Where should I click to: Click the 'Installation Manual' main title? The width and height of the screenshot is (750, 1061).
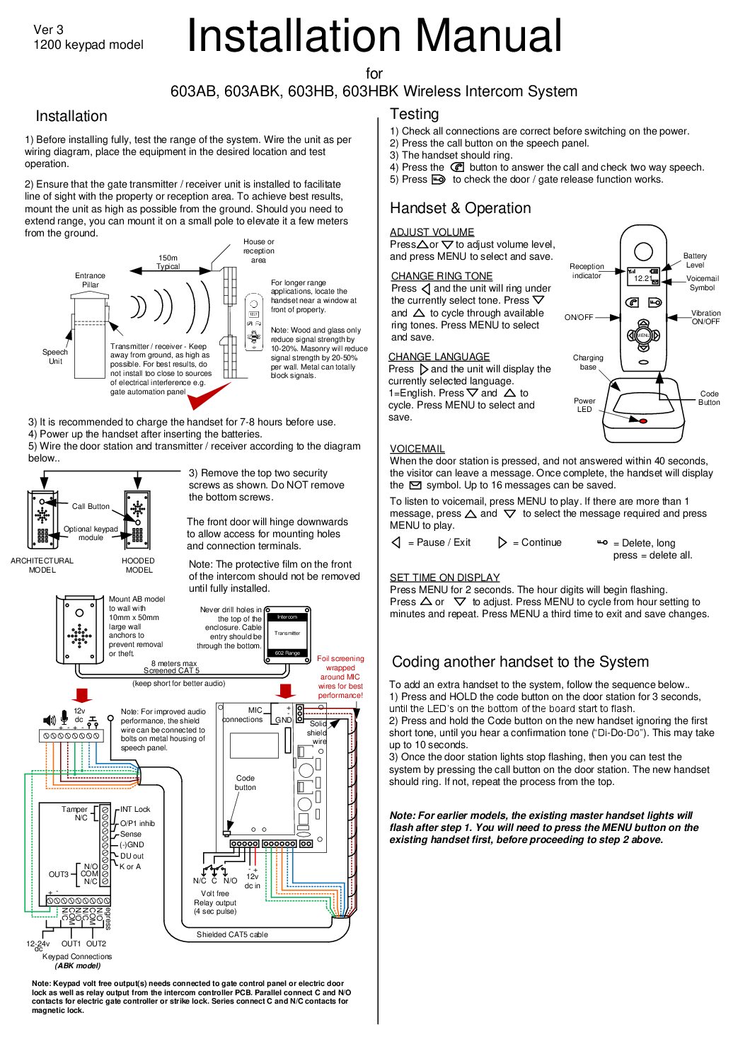pos(374,36)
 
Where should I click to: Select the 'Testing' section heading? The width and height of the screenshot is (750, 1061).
pos(414,114)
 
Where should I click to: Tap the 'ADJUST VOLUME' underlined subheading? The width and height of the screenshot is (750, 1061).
pos(432,232)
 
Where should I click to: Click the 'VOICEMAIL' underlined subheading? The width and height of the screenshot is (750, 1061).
pos(417,449)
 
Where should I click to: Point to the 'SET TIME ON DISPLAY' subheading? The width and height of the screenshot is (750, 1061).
pos(444,578)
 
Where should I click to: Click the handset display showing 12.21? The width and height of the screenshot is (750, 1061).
pos(643,277)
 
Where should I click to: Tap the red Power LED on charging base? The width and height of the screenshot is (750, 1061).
pos(642,421)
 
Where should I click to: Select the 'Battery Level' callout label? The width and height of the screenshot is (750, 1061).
pos(694,260)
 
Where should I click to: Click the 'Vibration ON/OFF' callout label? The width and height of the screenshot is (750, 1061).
pos(705,317)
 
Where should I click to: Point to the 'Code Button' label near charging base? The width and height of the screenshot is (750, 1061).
pos(709,398)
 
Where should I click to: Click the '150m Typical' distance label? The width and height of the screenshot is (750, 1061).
pos(168,262)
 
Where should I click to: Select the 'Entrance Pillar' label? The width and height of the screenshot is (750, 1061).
pos(90,280)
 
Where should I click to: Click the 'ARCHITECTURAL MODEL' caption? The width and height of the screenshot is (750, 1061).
pos(42,565)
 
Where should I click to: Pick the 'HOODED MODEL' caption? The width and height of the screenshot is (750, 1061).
pos(139,565)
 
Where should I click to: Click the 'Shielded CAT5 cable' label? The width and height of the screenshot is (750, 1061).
pos(232,934)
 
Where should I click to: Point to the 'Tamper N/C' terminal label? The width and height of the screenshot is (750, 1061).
pos(75,813)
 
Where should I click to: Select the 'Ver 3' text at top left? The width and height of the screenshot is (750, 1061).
pos(48,30)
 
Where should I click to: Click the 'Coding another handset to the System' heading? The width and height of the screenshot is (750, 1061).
pos(520,662)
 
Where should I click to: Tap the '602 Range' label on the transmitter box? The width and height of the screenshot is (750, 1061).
pos(287,653)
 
